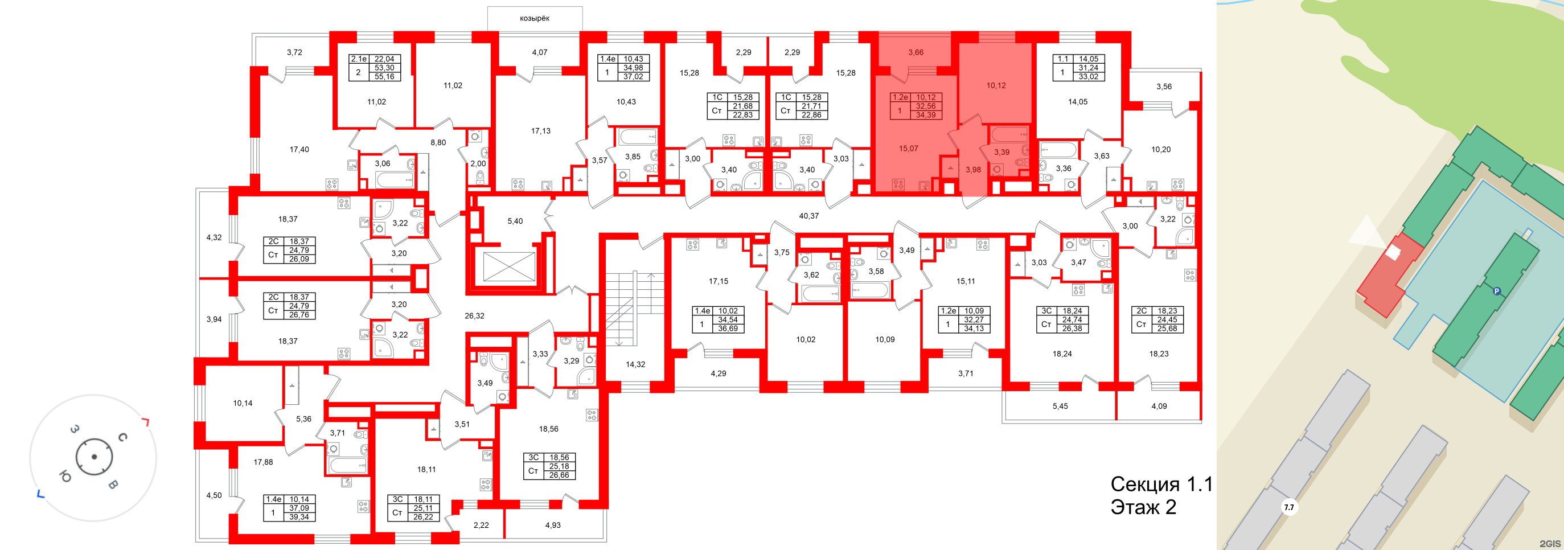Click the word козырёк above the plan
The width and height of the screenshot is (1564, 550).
[534, 18]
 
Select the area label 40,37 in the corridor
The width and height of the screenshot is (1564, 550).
[808, 216]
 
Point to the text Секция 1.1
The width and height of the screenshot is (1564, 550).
[1161, 484]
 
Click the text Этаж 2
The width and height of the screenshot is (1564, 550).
[1143, 507]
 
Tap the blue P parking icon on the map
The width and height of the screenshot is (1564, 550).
[1497, 292]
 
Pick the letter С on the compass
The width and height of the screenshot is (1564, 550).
[122, 437]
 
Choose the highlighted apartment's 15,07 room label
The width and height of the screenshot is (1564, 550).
[908, 148]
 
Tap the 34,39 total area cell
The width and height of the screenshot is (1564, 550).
[925, 115]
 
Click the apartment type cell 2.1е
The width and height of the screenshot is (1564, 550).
[358, 59]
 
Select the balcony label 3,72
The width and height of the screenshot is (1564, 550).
[294, 52]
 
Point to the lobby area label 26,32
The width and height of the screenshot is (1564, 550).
[474, 315]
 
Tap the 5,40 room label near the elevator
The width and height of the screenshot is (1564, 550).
[515, 221]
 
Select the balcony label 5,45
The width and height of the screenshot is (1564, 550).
[1060, 406]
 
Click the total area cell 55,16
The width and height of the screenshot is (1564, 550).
[384, 76]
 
